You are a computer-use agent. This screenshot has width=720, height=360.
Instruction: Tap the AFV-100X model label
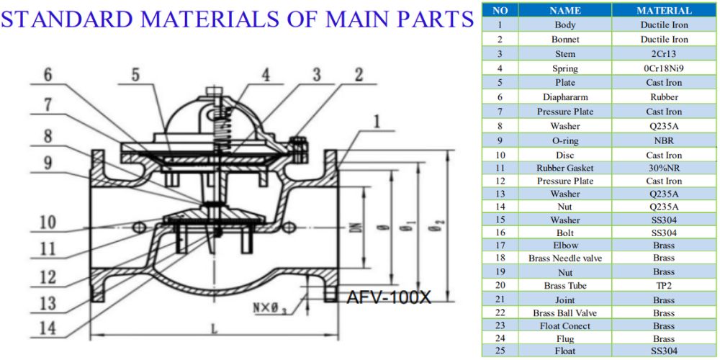[389, 297]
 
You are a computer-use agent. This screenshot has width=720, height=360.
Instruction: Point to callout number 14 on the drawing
[48, 328]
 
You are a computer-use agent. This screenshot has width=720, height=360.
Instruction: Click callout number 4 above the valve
[266, 75]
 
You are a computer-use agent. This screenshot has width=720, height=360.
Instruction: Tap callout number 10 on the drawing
[48, 222]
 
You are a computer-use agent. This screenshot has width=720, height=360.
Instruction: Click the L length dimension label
[214, 328]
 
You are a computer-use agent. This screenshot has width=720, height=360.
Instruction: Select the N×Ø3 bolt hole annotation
[271, 310]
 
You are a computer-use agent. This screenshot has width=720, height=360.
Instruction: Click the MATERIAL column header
[664, 11]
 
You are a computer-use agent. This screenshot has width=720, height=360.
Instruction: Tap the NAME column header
[565, 11]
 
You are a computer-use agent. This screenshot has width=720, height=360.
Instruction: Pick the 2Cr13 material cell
[664, 53]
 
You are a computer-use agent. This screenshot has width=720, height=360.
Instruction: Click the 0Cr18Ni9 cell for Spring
[664, 68]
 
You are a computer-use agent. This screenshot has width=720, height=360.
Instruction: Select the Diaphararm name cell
[565, 96]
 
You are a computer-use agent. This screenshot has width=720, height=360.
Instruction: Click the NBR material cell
[664, 140]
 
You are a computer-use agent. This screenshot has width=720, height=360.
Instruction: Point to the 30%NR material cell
[664, 168]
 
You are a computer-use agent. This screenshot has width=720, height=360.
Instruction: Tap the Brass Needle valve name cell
[565, 258]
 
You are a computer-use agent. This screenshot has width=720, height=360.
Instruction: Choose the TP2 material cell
[664, 286]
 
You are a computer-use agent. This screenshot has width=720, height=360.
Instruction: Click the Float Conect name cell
[565, 325]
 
